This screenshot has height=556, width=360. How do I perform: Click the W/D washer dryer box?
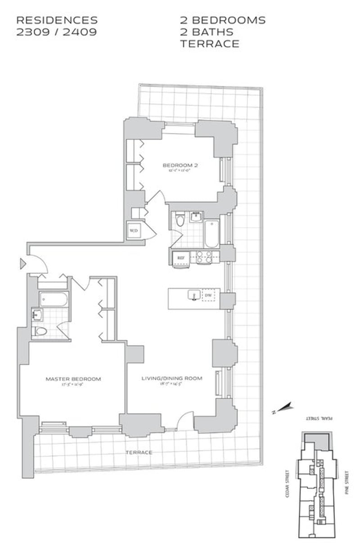click(x=133, y=230)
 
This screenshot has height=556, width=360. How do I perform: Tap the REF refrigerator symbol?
click(x=180, y=258)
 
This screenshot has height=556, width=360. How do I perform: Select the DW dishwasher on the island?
click(x=208, y=296)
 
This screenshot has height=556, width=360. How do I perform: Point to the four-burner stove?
click(x=203, y=257)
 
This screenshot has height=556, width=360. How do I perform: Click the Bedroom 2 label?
click(x=180, y=165)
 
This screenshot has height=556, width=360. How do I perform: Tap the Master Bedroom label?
click(x=73, y=379)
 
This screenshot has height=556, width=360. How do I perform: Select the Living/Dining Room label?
click(x=172, y=378)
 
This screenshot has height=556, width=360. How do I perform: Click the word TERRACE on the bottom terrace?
click(x=139, y=452)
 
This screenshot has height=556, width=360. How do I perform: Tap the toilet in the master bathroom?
click(x=41, y=332)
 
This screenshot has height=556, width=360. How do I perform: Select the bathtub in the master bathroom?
click(x=53, y=299)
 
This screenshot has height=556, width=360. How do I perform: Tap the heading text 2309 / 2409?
click(x=56, y=32)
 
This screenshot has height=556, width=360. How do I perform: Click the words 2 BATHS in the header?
click(x=207, y=32)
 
